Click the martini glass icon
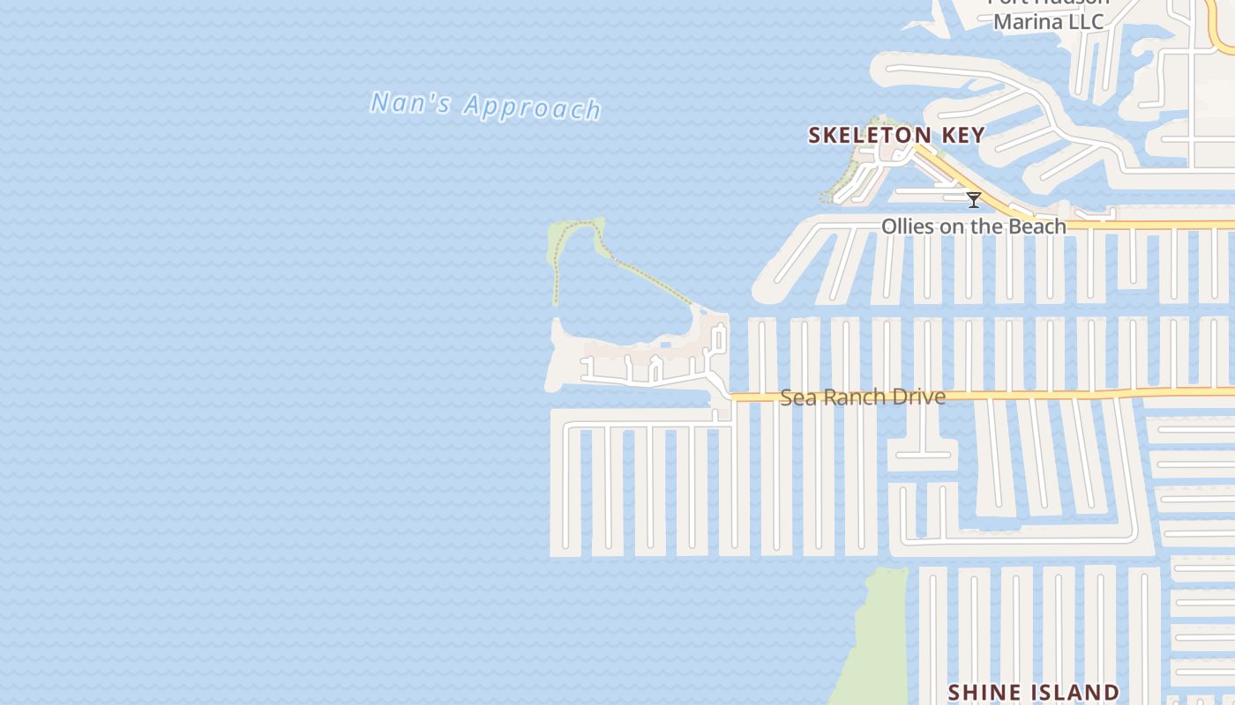click(974, 200)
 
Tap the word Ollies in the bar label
click(909, 226)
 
